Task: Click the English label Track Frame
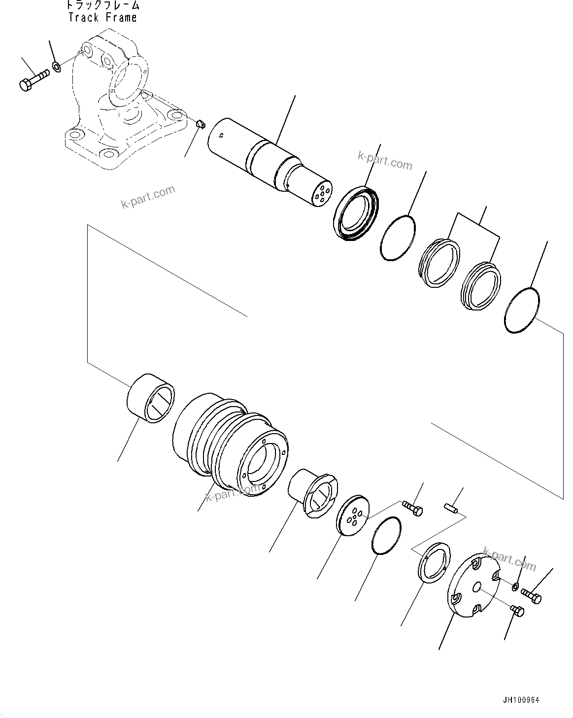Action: point(102,18)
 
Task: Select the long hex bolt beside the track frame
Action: point(34,80)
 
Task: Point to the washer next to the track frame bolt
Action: point(57,65)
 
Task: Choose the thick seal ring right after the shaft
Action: point(357,213)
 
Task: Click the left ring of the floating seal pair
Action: point(440,263)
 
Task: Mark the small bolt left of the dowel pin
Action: point(413,509)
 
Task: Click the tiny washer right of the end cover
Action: point(514,586)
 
